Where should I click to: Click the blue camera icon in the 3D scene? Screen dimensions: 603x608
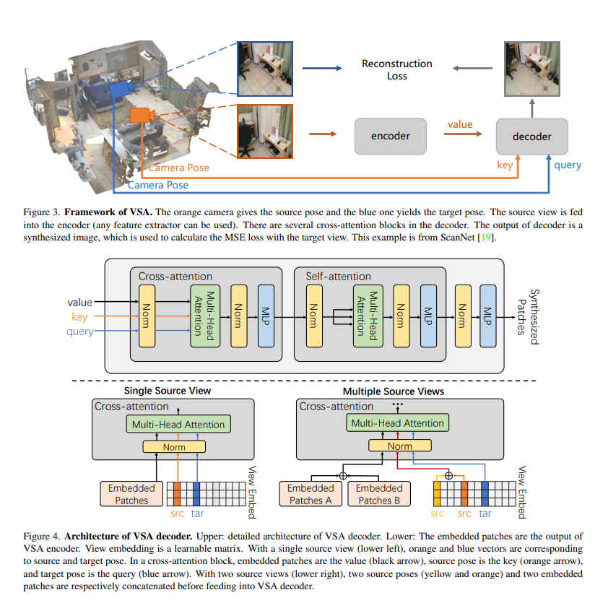(120, 89)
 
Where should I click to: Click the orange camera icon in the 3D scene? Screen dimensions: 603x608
(140, 115)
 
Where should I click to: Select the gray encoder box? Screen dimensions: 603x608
(390, 136)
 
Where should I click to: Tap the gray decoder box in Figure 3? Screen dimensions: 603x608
(531, 136)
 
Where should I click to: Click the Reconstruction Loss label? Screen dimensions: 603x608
(396, 70)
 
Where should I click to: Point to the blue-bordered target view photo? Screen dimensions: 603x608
(266, 68)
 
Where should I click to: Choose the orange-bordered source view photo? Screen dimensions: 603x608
(266, 131)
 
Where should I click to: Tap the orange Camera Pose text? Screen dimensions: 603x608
(179, 168)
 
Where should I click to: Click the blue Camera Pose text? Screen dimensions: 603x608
(158, 185)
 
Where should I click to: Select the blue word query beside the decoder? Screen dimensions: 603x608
(567, 165)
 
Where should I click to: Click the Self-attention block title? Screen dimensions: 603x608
(339, 276)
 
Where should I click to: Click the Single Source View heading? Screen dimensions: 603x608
(168, 391)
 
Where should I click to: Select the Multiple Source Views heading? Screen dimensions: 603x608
(394, 391)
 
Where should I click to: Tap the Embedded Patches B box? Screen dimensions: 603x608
(380, 495)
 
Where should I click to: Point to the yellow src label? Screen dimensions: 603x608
(437, 513)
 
